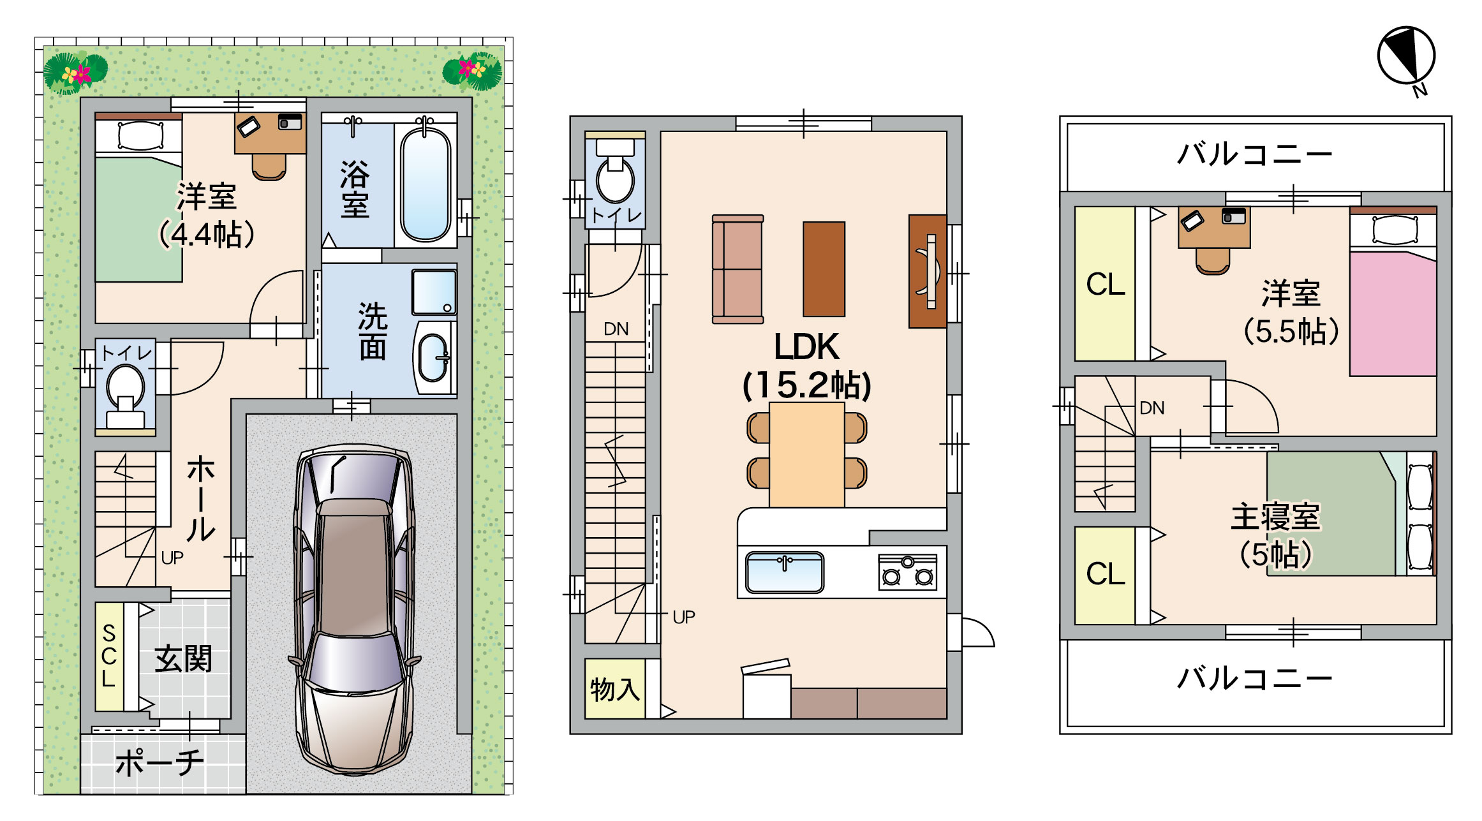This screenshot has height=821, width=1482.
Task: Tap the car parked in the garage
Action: (x=355, y=609)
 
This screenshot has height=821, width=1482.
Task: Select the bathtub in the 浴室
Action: (x=425, y=185)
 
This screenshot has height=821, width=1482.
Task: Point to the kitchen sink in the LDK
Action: (x=785, y=572)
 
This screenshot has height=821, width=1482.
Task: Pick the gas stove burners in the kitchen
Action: (x=907, y=572)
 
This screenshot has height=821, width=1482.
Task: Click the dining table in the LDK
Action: (x=807, y=454)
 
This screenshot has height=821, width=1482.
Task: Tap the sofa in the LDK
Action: (x=738, y=269)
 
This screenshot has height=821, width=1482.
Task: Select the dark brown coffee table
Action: (x=824, y=269)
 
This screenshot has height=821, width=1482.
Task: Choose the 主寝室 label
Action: (x=1275, y=517)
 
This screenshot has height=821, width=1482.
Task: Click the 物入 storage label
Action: (x=614, y=690)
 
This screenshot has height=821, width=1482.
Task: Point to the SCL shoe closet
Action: (x=109, y=656)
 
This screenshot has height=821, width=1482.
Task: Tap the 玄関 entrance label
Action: (x=183, y=659)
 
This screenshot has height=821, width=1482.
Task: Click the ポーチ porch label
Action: (x=160, y=763)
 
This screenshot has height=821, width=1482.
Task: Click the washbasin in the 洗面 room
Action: (x=434, y=358)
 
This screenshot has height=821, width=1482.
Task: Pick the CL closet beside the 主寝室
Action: (x=1105, y=575)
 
